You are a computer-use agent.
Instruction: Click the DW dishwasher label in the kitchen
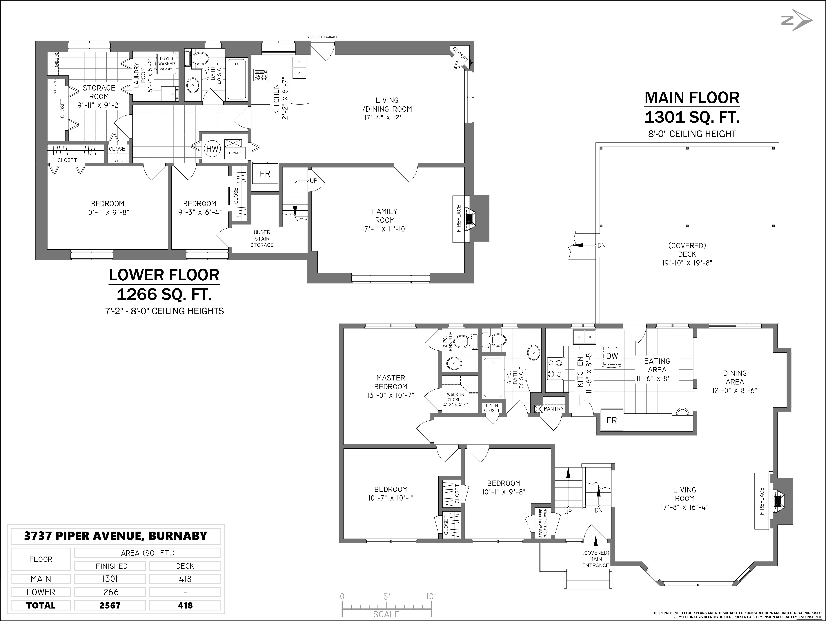click(612, 356)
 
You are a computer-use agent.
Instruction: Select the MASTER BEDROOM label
click(391, 382)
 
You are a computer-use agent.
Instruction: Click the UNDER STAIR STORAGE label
click(262, 238)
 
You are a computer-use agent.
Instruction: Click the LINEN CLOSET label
click(492, 408)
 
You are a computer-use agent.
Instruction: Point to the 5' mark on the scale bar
click(386, 597)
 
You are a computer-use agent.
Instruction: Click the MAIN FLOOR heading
click(692, 98)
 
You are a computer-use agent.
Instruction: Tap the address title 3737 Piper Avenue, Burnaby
click(116, 536)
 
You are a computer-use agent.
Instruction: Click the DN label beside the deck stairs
click(602, 245)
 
